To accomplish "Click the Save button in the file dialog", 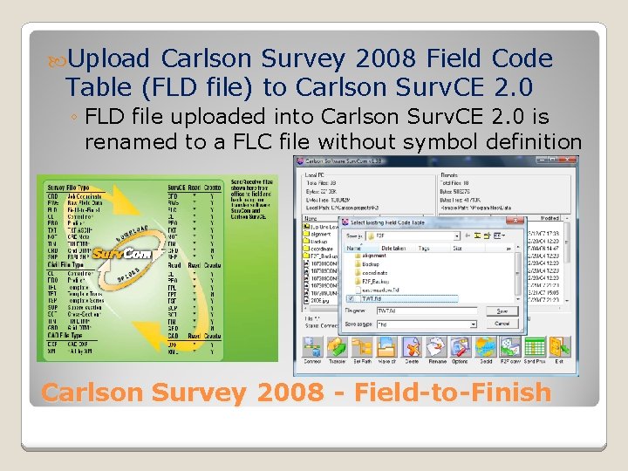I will tap(502, 311).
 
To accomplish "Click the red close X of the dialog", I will tap(520, 222).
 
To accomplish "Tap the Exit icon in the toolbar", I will tap(559, 348).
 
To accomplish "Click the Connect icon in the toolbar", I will tap(312, 348).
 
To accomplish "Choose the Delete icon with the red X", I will tap(411, 348).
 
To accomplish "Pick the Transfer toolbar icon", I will tap(337, 348).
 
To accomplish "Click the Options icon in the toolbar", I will tap(460, 348).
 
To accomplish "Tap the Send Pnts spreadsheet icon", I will tap(535, 348).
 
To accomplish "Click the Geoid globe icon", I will tap(485, 348).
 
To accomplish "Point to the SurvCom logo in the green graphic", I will tap(122, 253).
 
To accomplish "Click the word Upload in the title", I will tap(112, 59).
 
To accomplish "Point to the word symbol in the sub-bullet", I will tap(442, 140).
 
